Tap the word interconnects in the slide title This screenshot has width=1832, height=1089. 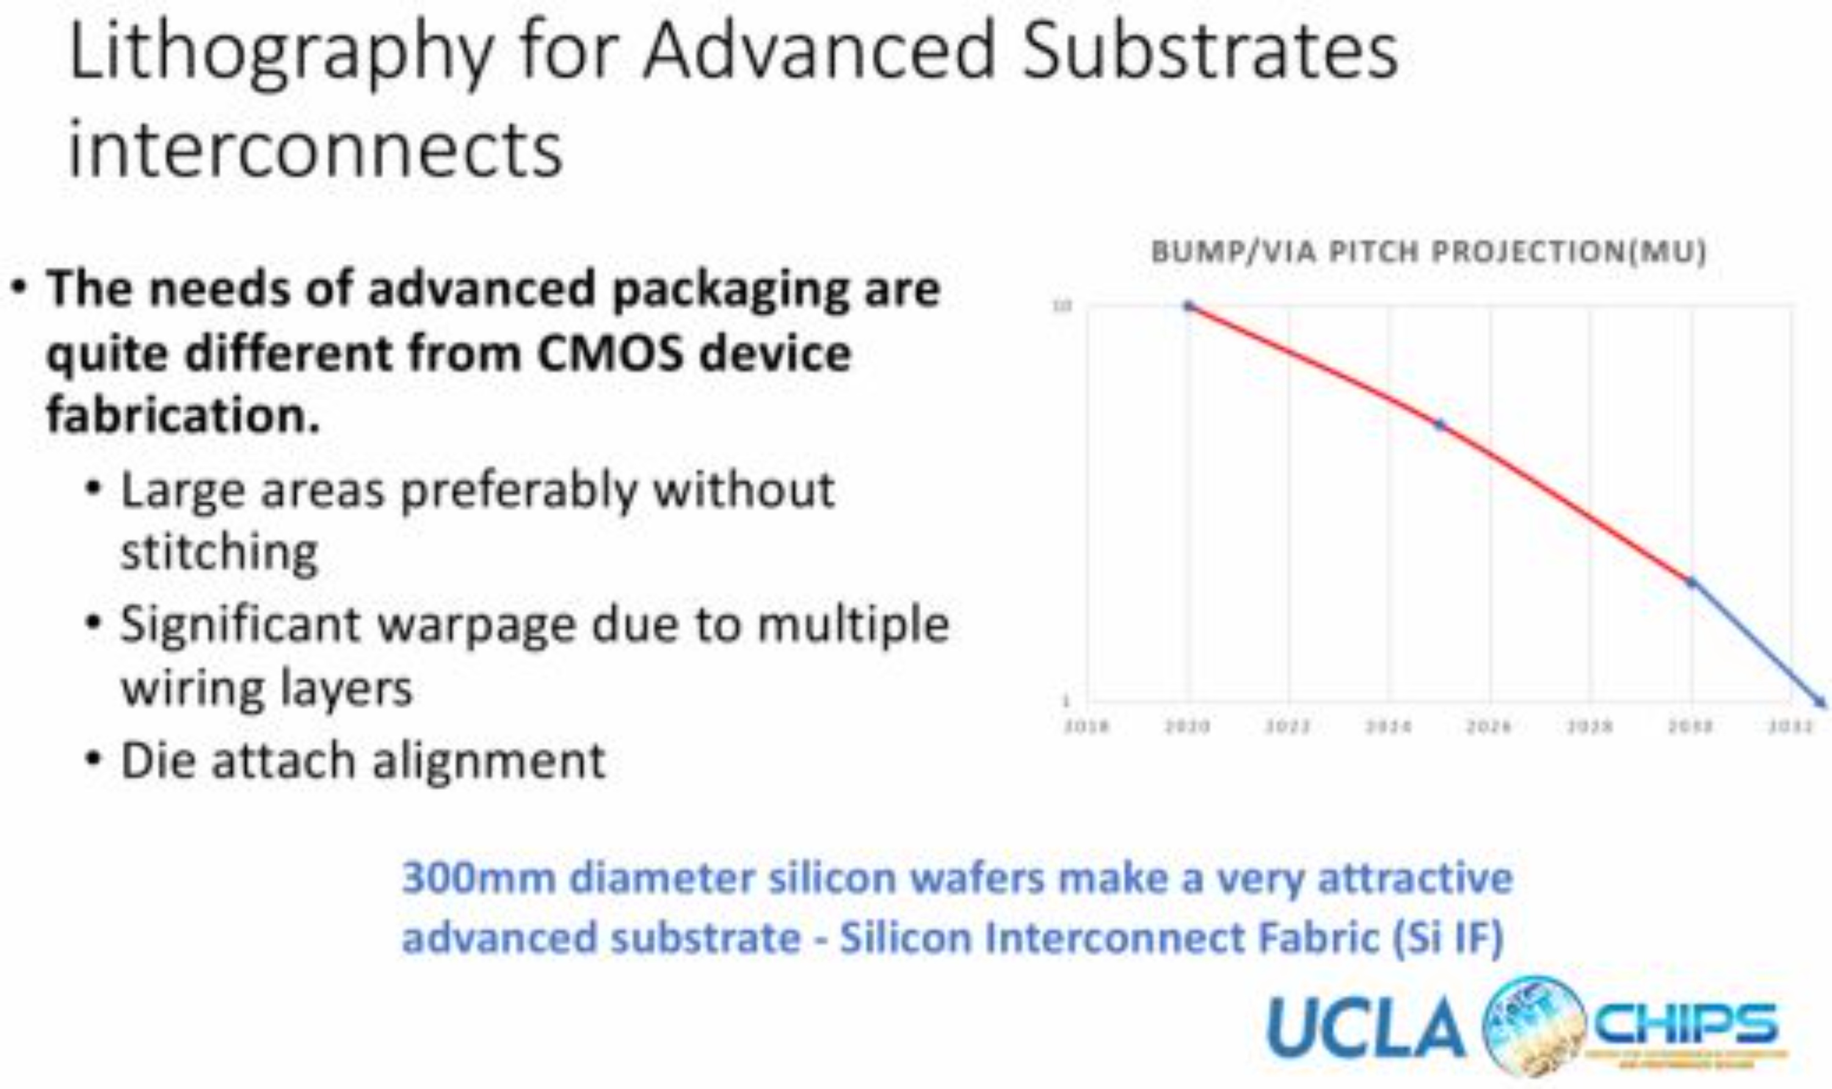pyautogui.click(x=316, y=150)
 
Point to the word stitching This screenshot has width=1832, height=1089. pyautogui.click(x=219, y=552)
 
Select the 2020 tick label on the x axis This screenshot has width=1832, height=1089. pyautogui.click(x=1188, y=726)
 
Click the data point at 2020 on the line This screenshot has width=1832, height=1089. pyautogui.click(x=1189, y=306)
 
